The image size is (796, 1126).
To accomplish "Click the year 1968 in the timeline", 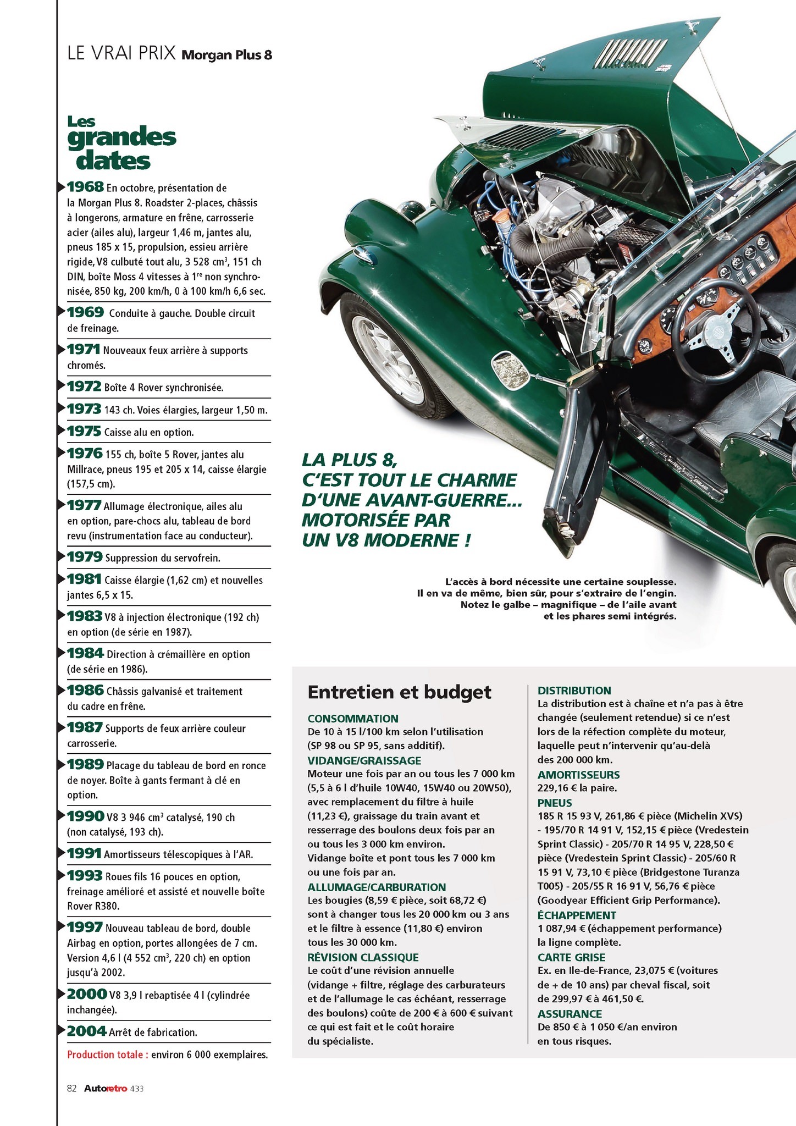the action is point(85,187).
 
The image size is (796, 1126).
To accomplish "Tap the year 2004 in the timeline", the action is point(86,1031).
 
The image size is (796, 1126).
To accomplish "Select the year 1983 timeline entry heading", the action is point(85,616).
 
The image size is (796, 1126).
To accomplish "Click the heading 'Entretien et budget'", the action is point(400,692).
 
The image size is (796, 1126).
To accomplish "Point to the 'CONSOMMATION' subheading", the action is point(353,719).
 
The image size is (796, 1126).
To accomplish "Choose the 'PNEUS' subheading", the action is point(555,803).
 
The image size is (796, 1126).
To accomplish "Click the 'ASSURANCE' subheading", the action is point(570,1014).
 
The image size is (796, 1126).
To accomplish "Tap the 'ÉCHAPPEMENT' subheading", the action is point(577,915).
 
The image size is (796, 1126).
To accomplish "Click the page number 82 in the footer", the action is point(71,1088).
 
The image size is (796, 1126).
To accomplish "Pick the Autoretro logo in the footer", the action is point(106,1088).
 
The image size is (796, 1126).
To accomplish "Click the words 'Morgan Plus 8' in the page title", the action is point(226,55).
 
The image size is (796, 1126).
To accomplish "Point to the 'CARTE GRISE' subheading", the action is point(571,957).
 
